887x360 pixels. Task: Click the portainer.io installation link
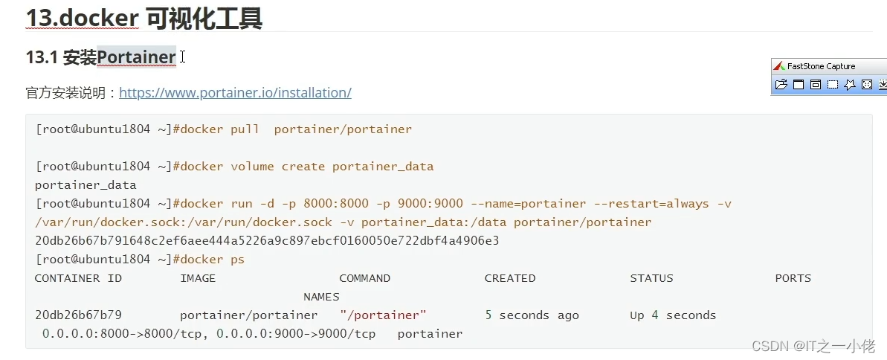coord(235,93)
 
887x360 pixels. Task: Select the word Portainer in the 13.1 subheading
coord(136,57)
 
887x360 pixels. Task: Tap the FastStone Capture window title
coord(821,66)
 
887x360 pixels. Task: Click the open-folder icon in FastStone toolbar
coord(781,85)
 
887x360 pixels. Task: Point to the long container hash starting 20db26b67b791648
coord(267,241)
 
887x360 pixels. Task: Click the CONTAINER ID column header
coord(78,278)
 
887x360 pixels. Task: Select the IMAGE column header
coord(198,278)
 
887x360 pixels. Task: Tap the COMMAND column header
coord(364,278)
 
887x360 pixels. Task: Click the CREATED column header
coord(510,278)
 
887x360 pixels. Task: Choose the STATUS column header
coord(651,278)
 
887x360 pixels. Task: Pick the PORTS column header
coord(793,278)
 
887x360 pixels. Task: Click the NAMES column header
coord(321,297)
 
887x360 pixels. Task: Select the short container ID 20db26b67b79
coord(78,315)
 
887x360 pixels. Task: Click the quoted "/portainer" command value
coord(383,315)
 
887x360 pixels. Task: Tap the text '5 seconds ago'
coord(532,315)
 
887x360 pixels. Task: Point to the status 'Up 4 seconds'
coord(673,315)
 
